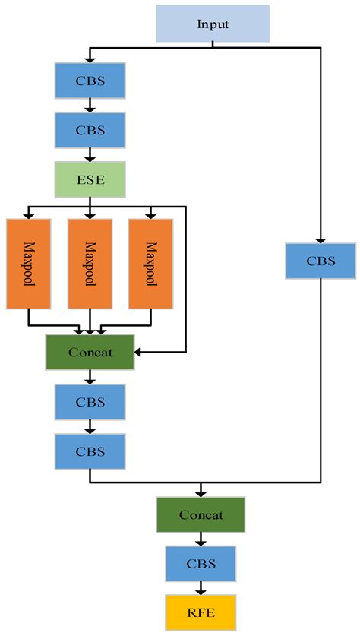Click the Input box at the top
(213, 24)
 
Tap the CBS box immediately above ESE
(90, 130)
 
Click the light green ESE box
(90, 179)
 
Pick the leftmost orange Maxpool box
(28, 264)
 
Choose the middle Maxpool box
(90, 264)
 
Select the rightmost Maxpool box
(150, 264)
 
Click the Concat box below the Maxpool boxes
(90, 353)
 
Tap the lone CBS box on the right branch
(321, 261)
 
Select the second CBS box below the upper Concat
(90, 451)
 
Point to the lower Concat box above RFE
(201, 515)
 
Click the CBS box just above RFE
(201, 564)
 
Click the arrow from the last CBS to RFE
(201, 587)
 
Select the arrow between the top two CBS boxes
(90, 106)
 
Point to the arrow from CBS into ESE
(90, 155)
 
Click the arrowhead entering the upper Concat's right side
(140, 353)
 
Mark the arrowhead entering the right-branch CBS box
(321, 239)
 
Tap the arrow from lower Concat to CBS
(201, 539)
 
